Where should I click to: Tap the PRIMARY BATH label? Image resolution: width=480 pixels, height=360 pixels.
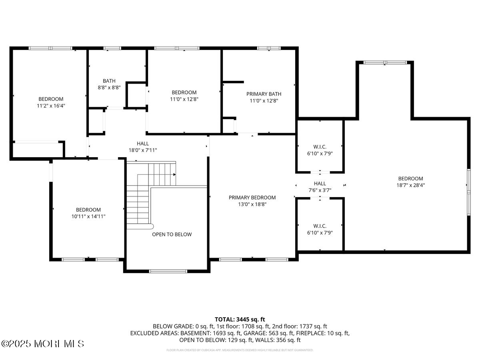coord(262,94)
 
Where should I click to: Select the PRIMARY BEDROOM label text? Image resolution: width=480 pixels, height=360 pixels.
coord(252,197)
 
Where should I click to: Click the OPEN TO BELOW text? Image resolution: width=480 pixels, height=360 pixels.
coord(172,234)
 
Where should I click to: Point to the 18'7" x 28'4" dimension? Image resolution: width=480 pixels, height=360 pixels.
coord(410,185)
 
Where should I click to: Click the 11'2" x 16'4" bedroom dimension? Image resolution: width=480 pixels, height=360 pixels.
coord(51,106)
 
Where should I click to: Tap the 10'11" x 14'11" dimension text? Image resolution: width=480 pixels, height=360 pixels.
coord(88,216)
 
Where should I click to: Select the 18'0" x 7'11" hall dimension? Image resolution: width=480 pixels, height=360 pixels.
coord(142,150)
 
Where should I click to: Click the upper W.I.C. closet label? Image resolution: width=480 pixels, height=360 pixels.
coord(320,146)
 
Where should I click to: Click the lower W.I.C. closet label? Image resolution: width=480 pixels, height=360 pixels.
coord(320,226)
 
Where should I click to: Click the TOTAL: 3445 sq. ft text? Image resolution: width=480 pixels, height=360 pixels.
coord(240,319)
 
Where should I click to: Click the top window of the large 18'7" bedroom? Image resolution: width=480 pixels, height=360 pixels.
coord(385,62)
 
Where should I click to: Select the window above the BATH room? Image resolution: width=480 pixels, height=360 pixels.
coord(112,48)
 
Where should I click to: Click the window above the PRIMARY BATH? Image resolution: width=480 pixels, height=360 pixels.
coord(269,48)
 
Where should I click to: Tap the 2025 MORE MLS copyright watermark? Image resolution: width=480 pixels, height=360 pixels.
coord(43,344)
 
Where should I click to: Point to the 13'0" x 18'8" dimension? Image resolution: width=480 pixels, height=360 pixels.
coord(252,204)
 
